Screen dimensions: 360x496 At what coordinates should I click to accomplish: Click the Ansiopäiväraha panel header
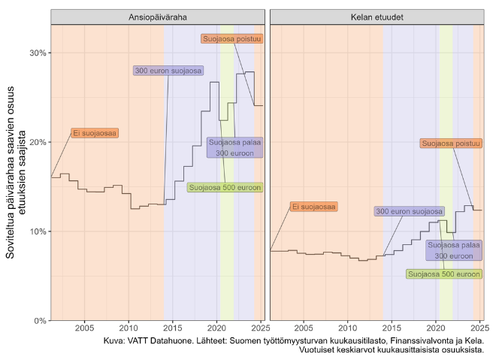(158, 17)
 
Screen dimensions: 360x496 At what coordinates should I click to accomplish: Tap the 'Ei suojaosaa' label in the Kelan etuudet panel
(314, 206)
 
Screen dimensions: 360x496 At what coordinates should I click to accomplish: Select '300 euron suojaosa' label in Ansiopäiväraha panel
(168, 71)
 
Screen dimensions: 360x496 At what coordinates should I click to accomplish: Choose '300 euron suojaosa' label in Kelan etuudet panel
(410, 211)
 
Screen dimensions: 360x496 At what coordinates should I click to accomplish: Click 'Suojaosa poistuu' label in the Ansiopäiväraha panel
(231, 38)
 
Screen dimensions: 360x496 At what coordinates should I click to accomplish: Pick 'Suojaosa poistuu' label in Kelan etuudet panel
(450, 143)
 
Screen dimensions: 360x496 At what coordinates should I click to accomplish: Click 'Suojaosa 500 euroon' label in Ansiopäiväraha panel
(225, 187)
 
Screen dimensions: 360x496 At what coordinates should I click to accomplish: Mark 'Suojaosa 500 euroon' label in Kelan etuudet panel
(443, 274)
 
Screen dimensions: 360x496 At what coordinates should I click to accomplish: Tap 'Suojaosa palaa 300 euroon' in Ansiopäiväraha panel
(233, 147)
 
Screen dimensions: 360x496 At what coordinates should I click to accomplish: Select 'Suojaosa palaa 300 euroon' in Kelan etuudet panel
(454, 250)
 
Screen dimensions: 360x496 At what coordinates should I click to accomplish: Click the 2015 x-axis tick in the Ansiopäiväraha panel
(173, 328)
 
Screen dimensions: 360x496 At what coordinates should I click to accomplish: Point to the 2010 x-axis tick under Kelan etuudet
(347, 328)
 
